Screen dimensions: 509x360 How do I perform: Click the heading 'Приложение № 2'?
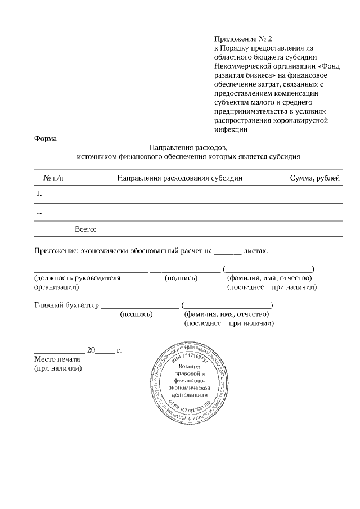pos(242,39)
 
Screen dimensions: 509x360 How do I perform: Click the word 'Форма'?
pos(45,138)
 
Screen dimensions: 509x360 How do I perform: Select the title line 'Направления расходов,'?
pos(188,147)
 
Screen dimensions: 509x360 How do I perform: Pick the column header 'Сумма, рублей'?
pos(314,178)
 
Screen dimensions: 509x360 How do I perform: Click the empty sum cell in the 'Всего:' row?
pos(314,229)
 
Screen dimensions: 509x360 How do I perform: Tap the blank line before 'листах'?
pos(228,251)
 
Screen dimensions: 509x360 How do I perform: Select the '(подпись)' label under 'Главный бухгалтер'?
pos(137,314)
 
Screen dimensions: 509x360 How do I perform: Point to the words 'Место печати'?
pos(58,359)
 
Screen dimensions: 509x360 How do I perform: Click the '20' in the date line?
pos(91,350)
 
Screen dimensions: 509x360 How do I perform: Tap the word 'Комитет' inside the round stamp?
pos(188,367)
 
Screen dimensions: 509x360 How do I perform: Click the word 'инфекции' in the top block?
pos(231,129)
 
